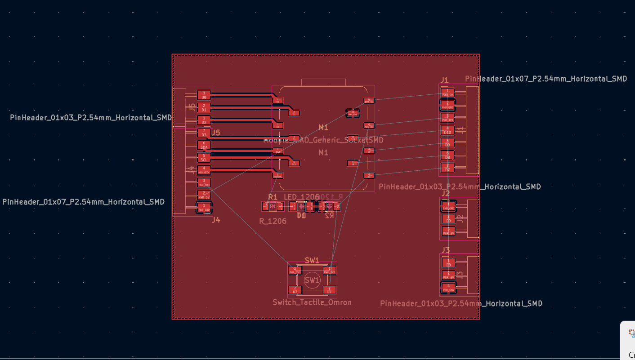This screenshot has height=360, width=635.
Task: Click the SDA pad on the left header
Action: coord(204,145)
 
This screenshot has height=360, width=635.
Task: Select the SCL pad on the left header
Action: coord(204,158)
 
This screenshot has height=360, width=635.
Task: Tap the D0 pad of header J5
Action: coord(204,95)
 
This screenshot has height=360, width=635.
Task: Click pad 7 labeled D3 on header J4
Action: coord(204,133)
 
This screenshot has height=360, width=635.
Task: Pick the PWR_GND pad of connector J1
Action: coord(447,105)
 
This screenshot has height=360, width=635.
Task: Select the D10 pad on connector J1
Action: coord(447,130)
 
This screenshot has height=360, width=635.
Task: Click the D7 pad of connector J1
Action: coord(447,168)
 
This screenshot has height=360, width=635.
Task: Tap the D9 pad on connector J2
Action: coord(448,218)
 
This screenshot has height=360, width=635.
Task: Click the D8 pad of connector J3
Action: coord(448,262)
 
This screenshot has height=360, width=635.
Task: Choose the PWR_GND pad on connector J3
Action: coord(448,288)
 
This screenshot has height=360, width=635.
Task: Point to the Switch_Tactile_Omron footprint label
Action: coord(312,302)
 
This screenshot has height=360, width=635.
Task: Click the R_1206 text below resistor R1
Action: coord(273,221)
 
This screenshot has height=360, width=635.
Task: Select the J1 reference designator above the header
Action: coord(444,80)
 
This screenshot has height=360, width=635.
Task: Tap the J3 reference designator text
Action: coord(445,250)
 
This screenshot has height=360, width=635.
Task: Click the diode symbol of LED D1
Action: coord(301,206)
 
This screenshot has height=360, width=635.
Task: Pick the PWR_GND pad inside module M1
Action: coord(353,113)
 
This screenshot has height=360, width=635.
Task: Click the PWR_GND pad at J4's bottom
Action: coord(204,208)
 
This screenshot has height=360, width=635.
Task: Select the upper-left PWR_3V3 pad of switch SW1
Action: coord(295,270)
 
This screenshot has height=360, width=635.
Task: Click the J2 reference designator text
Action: coord(445,193)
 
